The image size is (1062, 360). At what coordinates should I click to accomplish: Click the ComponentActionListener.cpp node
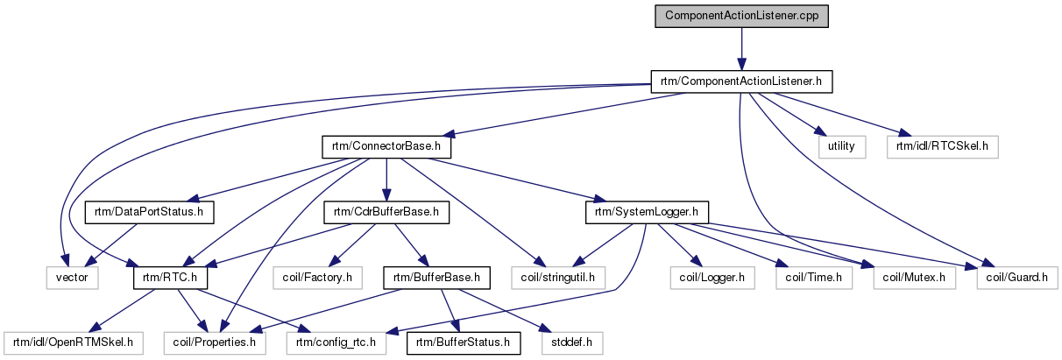click(x=742, y=17)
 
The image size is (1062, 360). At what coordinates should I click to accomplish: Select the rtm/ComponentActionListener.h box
click(x=740, y=82)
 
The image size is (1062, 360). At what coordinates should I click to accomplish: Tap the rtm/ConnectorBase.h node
click(x=386, y=146)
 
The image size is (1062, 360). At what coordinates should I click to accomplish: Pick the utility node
click(x=841, y=146)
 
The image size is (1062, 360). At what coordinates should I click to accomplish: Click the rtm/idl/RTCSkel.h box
click(x=942, y=146)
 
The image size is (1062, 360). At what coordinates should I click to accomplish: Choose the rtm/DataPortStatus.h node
click(x=149, y=212)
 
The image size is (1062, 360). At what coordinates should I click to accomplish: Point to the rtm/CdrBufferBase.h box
click(x=386, y=212)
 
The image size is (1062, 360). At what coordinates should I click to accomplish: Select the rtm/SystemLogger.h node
click(x=646, y=212)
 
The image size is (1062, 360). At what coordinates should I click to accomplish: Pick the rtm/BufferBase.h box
click(x=435, y=278)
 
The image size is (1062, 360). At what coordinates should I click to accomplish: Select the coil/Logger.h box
click(x=712, y=278)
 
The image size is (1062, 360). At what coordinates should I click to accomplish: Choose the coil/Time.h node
click(x=814, y=278)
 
